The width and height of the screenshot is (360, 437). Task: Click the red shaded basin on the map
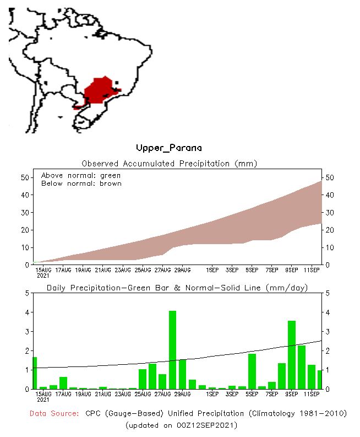(99, 90)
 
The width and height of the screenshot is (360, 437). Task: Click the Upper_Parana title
(168, 148)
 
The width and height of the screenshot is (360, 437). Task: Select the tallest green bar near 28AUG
(172, 349)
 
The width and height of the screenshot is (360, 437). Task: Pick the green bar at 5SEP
(252, 371)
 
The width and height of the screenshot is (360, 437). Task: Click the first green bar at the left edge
(35, 373)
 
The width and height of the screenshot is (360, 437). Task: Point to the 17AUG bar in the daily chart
(63, 382)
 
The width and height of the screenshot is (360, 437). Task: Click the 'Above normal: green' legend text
(80, 175)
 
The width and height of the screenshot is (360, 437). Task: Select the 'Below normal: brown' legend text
(81, 184)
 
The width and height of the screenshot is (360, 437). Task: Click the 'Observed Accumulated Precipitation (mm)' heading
(169, 164)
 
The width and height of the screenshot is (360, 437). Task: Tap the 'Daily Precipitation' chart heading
(177, 288)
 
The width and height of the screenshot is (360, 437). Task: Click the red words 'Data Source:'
(54, 413)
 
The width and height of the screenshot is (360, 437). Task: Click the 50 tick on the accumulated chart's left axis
(24, 177)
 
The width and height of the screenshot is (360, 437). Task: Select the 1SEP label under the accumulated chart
(212, 269)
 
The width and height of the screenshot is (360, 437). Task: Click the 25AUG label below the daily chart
(143, 393)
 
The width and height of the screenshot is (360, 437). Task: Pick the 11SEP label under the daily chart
(312, 393)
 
